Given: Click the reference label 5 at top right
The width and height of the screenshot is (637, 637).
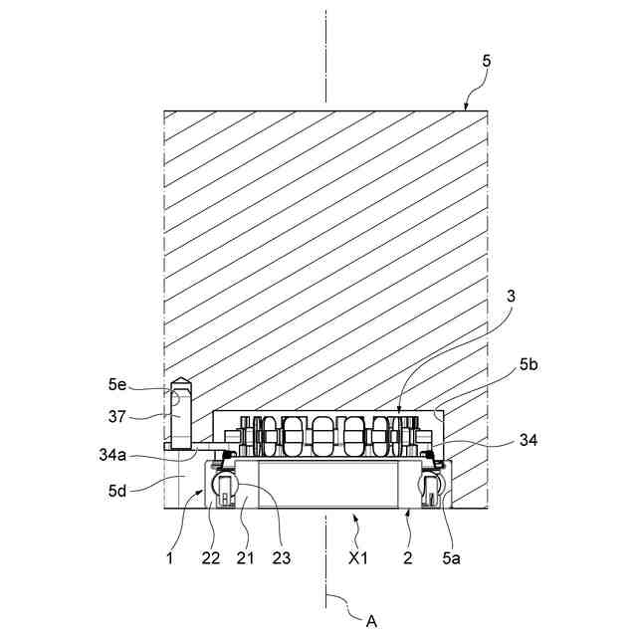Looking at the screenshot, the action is [x=486, y=61].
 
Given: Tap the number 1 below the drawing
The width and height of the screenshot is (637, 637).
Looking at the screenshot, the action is [x=170, y=557].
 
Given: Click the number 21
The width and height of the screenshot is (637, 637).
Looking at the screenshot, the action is [x=245, y=557].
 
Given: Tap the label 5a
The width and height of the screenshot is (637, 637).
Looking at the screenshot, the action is [x=451, y=557].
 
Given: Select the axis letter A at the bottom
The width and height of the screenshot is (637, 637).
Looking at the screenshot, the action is [x=371, y=620].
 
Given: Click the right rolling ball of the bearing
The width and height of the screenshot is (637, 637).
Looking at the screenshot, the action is [x=431, y=487].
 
